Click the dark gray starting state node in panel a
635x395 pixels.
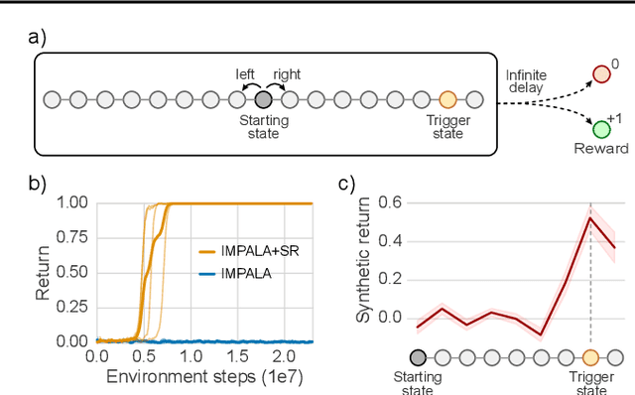[262, 99]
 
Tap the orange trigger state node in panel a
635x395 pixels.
[447, 99]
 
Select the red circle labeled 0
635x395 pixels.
[601, 73]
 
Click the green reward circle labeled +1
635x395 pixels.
[601, 129]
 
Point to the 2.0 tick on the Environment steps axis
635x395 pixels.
[280, 356]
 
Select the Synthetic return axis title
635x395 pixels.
[362, 261]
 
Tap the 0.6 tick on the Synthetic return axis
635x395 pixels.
[389, 201]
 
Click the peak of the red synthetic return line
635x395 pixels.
[590, 218]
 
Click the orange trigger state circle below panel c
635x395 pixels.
[590, 357]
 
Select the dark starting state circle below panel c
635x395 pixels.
[418, 357]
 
